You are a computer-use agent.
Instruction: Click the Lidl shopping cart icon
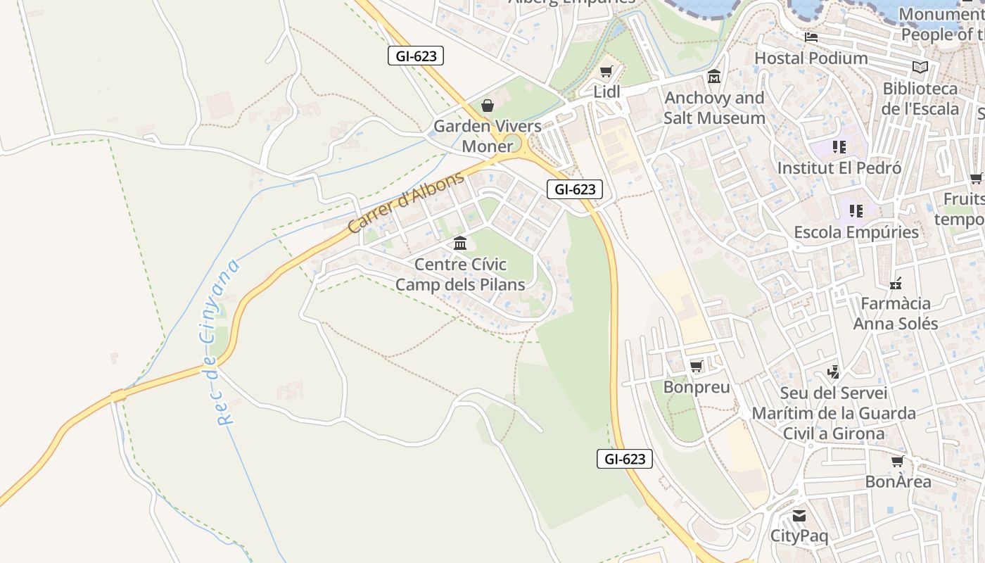click(x=606, y=72)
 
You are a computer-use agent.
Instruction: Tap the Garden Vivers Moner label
click(x=488, y=137)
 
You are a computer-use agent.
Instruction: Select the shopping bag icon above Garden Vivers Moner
click(x=488, y=106)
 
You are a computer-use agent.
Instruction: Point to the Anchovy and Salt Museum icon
click(x=714, y=77)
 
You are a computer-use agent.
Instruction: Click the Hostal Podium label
click(x=811, y=58)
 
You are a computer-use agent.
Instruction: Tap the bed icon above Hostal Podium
click(x=811, y=37)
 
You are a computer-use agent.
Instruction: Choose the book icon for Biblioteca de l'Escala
click(x=920, y=68)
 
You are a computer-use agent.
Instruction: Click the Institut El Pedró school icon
click(x=839, y=147)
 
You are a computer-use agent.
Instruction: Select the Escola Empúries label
click(x=856, y=232)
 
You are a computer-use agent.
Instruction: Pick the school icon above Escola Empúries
click(x=856, y=210)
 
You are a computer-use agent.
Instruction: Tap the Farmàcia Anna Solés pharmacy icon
click(x=895, y=284)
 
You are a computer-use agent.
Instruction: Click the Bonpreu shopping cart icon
click(x=697, y=366)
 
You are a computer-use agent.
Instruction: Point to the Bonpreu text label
click(x=697, y=387)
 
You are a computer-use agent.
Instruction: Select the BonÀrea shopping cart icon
click(x=898, y=462)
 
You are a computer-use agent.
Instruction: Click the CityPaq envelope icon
click(x=799, y=516)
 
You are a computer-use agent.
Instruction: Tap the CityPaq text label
click(x=799, y=536)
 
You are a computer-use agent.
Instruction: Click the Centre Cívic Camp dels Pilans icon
click(x=460, y=243)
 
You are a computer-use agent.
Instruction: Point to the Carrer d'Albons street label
click(x=406, y=201)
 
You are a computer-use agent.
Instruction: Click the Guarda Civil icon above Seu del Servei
click(x=834, y=372)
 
